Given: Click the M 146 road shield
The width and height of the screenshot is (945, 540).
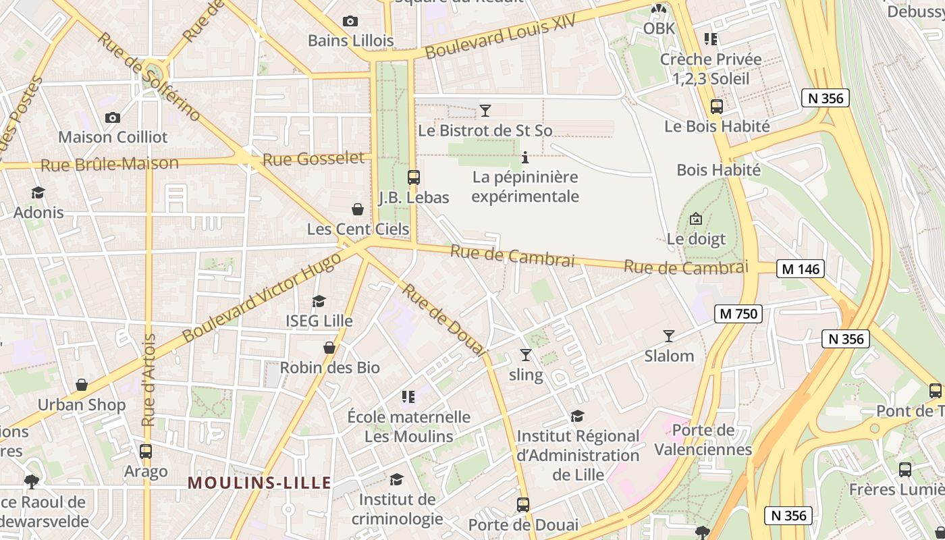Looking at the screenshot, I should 800,269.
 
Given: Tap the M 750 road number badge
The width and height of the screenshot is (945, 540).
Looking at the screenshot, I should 738,313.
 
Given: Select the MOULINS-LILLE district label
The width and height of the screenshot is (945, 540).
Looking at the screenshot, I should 259,483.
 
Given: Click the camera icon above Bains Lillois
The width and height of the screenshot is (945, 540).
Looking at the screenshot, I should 350,21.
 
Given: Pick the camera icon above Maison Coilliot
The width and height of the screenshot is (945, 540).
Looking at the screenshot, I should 113,117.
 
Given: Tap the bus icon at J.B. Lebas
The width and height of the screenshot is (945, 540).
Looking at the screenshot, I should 414,178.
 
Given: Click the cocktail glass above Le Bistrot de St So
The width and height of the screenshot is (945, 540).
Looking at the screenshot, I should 485,110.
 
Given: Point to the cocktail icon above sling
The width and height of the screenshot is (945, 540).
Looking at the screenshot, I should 526,355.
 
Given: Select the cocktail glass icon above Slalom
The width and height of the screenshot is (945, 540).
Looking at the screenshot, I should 669,335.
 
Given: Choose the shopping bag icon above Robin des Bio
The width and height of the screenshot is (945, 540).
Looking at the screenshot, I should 329,348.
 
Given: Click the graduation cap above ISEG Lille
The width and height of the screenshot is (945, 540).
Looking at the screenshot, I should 319,301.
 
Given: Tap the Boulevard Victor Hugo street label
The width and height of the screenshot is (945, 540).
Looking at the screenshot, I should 260,298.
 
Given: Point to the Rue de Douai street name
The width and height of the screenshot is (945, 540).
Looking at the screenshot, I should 444,319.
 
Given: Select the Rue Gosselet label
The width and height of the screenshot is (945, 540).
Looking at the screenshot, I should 313,159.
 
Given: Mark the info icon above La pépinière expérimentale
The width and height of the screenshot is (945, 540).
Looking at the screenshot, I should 525,158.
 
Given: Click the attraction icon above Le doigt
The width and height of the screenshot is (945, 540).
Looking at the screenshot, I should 696,219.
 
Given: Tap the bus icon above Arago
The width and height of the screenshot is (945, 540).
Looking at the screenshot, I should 145,452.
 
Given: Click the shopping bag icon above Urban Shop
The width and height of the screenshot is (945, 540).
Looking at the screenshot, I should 82,385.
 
